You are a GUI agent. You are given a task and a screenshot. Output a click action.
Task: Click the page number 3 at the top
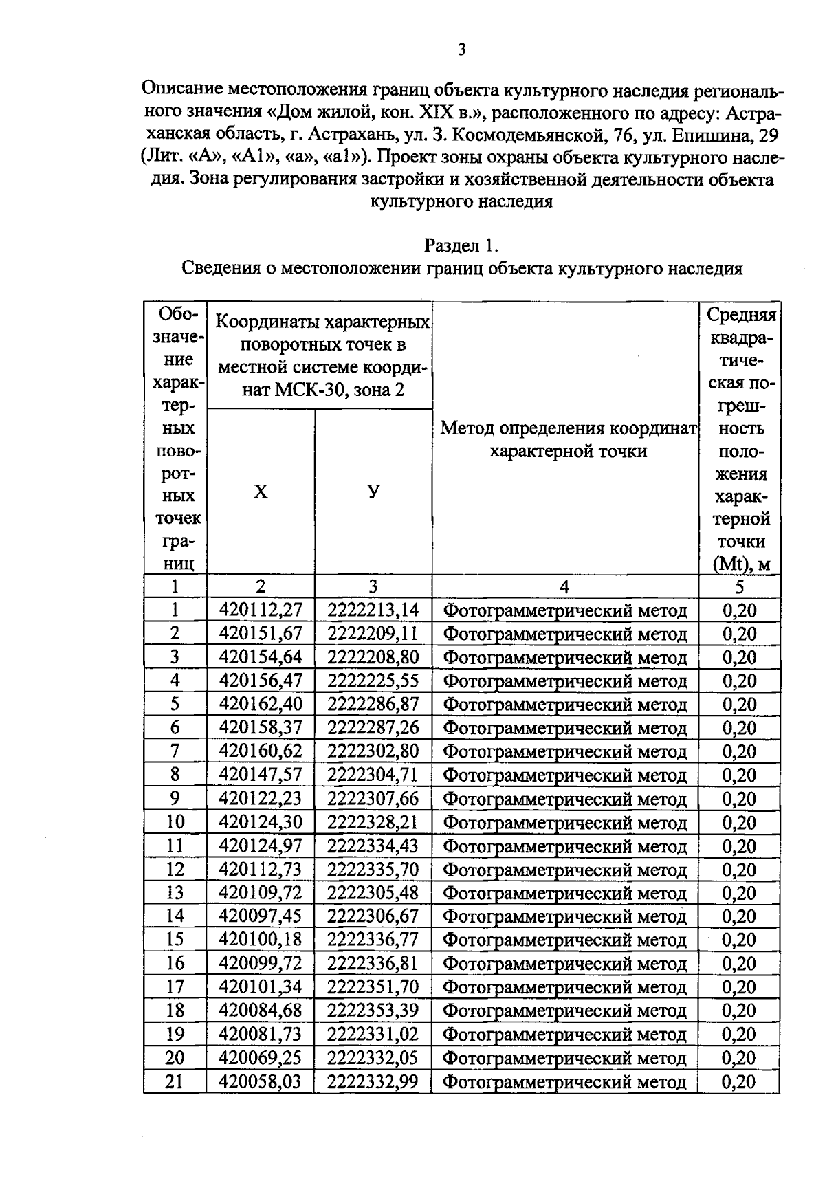point(461,49)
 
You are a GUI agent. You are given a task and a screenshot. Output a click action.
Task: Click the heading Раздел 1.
point(461,245)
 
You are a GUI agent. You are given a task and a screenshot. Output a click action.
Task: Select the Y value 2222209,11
point(373,633)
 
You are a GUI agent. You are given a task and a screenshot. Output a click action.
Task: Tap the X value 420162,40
point(261,704)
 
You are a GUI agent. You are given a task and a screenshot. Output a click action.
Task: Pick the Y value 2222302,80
point(373,751)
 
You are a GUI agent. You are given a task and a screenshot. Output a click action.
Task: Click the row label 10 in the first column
point(175,821)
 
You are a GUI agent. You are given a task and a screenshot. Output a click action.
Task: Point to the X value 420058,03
point(261,1081)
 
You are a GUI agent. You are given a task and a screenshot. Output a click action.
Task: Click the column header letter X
point(261,492)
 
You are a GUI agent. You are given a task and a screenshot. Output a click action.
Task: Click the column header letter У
point(373,492)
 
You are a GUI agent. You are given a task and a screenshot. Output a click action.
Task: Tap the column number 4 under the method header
point(564,586)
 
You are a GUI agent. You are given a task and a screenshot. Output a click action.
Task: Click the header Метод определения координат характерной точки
point(568,440)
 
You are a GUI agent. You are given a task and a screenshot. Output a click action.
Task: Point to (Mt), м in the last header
point(740,564)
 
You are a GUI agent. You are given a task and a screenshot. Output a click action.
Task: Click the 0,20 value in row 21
point(739,1081)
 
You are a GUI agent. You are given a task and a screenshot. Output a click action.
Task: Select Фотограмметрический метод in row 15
point(564,940)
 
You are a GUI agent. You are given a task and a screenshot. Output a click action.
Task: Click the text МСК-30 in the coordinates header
point(303,390)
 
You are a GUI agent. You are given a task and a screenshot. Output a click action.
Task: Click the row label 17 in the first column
point(175,986)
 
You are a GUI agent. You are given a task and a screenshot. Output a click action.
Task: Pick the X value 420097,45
point(261,916)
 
